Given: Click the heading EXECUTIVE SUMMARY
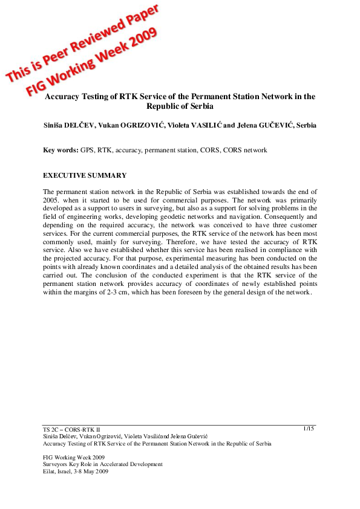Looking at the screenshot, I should [x=85, y=175].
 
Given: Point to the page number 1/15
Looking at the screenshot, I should [x=309, y=429].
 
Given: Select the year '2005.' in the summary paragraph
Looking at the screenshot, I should [x=53, y=199].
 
